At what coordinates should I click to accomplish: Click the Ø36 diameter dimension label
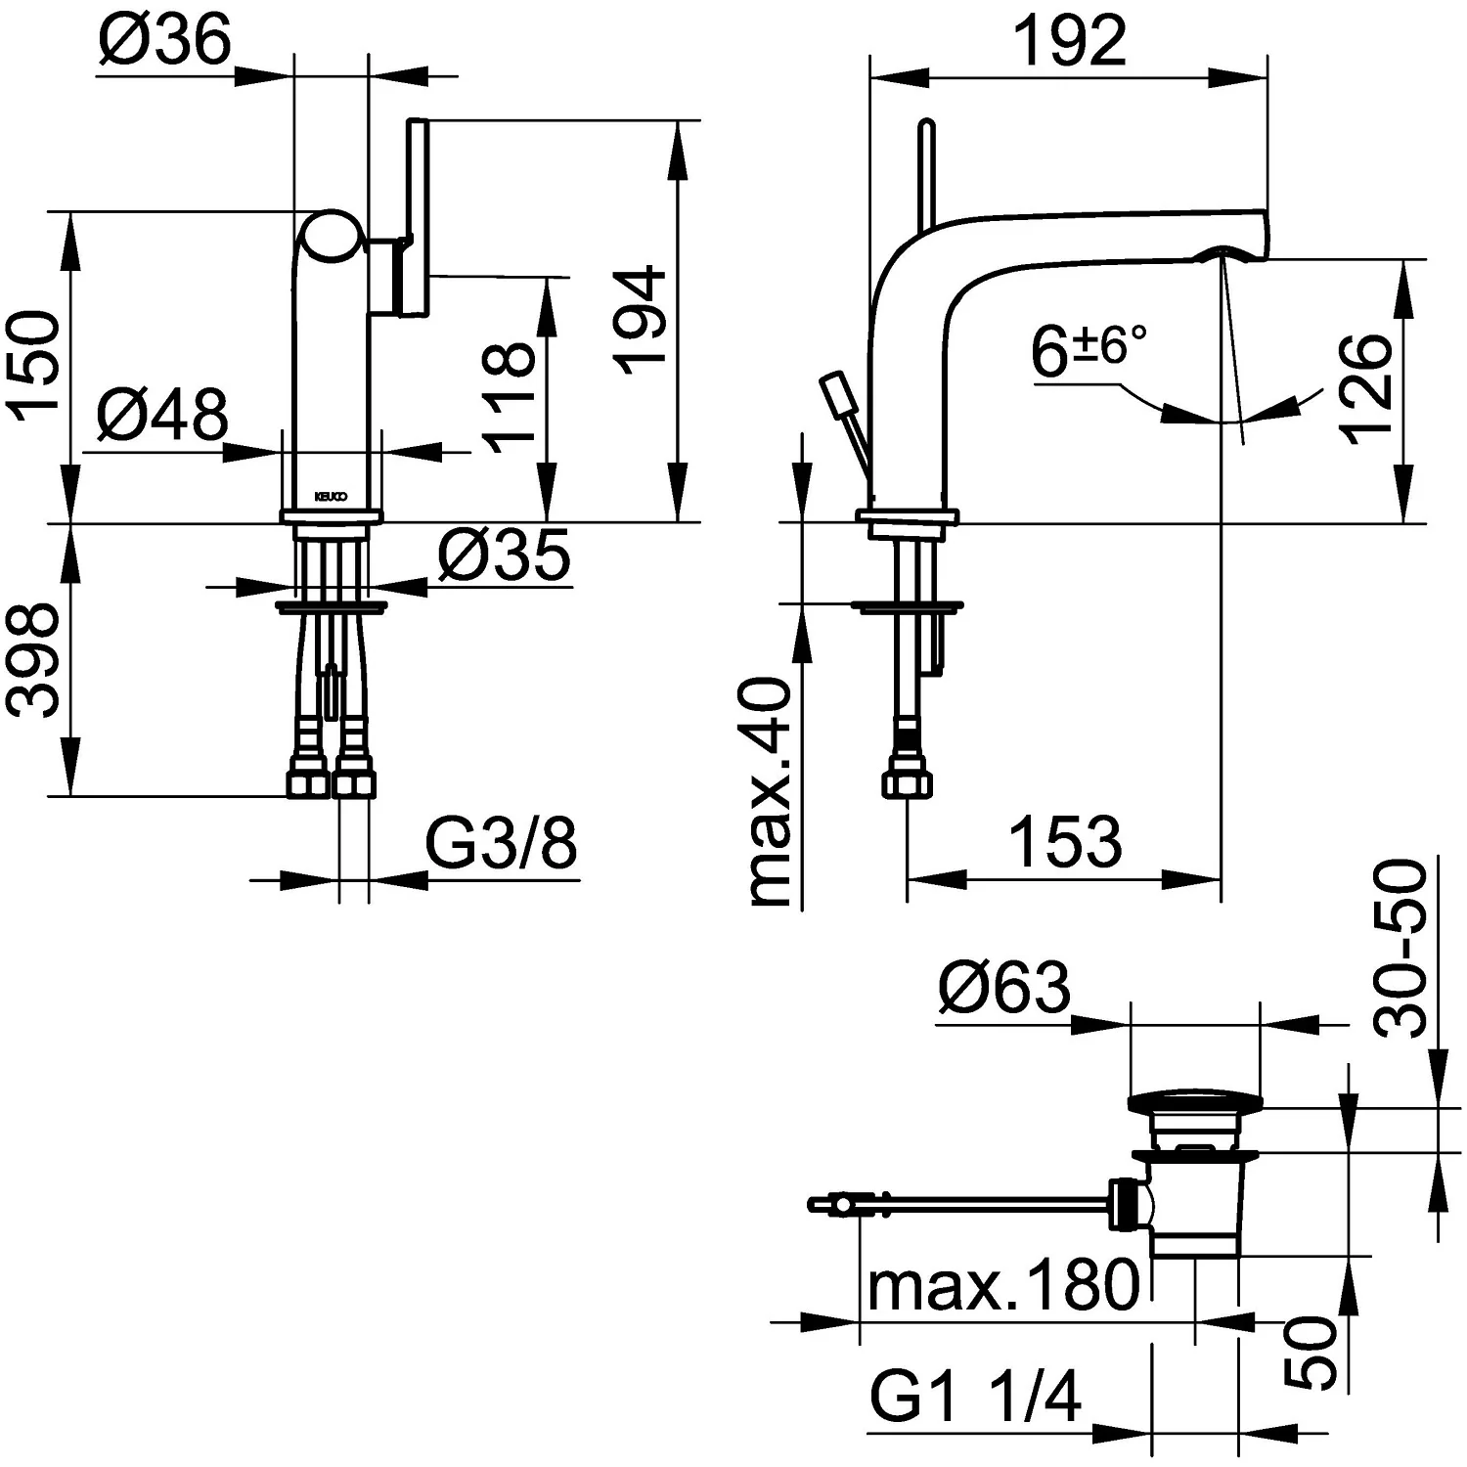coord(165,40)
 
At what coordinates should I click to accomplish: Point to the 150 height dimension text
coord(36,366)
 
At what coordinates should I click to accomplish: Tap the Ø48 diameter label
coord(162,415)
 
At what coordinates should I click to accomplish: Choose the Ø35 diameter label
coord(504,556)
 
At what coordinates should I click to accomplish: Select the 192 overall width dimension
coord(1069,41)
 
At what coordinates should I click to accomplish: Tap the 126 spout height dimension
coord(1366,389)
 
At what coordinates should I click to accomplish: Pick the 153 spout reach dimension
coord(1065,841)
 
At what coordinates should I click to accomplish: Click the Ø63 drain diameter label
coord(1004,988)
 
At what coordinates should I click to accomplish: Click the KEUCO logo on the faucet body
coord(331,496)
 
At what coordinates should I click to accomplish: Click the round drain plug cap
coord(1197,1102)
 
